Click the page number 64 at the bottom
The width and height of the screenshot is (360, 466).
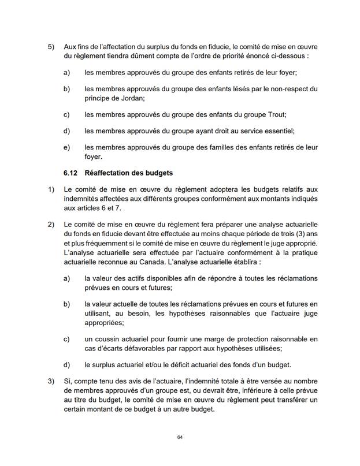click(180, 438)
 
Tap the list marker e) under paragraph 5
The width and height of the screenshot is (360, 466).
click(66, 147)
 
